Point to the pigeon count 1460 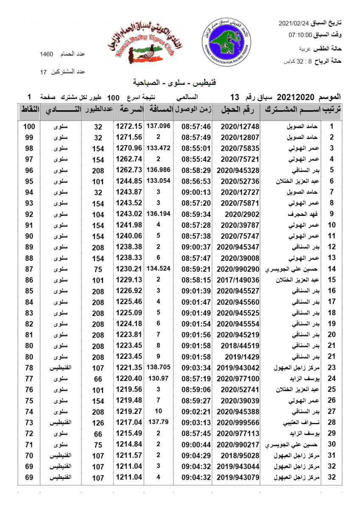(46, 54)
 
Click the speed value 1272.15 (129, 126)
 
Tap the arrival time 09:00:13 (196, 192)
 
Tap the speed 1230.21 (129, 269)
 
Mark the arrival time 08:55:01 (196, 148)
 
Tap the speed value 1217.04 (129, 422)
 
